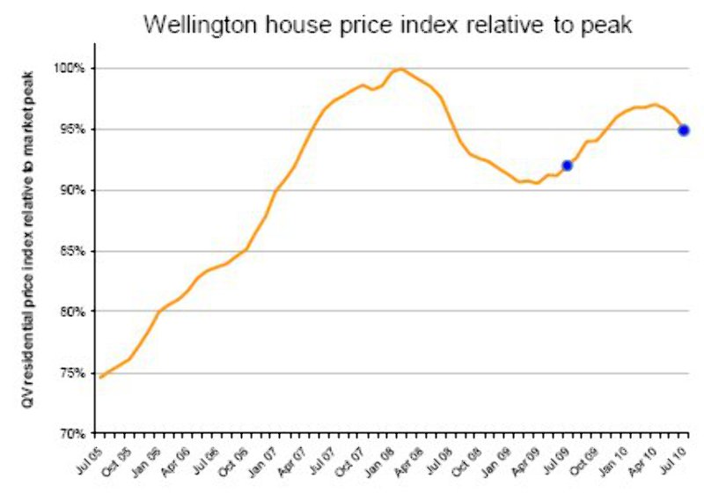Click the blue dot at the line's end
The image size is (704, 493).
point(684,130)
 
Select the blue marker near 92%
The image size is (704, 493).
point(568,165)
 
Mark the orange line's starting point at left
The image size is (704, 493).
point(100,377)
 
